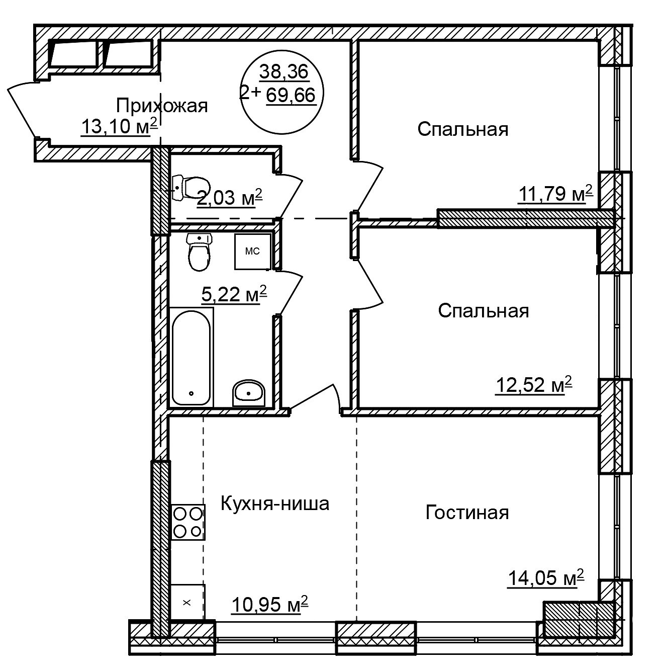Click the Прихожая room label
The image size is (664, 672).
(x=162, y=106)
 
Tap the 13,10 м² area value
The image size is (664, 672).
(x=120, y=126)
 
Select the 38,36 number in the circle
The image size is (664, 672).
(x=284, y=72)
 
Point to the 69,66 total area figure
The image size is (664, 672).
(x=291, y=95)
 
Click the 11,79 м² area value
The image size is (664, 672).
(x=555, y=194)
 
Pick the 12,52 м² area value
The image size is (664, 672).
(x=534, y=385)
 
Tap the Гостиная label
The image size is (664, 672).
(x=467, y=513)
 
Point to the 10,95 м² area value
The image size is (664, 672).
(x=270, y=604)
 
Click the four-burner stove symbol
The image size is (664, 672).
(x=188, y=522)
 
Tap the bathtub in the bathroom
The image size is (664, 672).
(x=192, y=357)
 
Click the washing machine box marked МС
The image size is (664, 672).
(x=252, y=251)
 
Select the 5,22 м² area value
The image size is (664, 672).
(x=234, y=294)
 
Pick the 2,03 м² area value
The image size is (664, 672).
(x=229, y=198)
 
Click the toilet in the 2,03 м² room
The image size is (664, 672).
(x=191, y=187)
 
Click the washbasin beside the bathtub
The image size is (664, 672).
(x=248, y=393)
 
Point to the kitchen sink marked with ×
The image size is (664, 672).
(x=187, y=602)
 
